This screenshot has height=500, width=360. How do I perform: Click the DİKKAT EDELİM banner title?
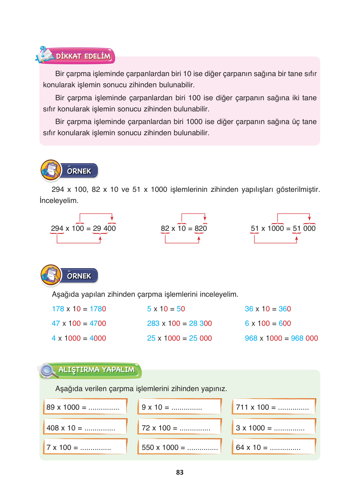83,56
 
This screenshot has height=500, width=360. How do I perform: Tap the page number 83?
180,472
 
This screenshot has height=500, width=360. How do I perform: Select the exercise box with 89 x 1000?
85,407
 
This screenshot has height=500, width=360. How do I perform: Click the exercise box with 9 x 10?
180,407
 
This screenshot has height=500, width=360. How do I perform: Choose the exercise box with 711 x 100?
274,407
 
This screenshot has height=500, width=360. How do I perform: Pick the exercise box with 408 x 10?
85,427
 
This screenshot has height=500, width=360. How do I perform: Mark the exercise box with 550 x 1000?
180,447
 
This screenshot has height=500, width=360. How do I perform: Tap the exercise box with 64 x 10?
274,447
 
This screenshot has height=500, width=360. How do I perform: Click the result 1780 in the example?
98,309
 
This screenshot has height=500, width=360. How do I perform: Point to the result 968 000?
304,338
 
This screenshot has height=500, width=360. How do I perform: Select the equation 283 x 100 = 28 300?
179,323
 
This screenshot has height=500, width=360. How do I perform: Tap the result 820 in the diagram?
201,228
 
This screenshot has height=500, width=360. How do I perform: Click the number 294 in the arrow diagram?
57,228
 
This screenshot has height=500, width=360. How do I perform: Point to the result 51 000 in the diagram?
304,228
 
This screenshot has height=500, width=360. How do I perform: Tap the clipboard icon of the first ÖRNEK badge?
51,170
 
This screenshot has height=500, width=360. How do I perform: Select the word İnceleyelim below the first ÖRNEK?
59,200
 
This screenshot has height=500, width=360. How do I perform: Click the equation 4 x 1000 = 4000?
79,338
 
